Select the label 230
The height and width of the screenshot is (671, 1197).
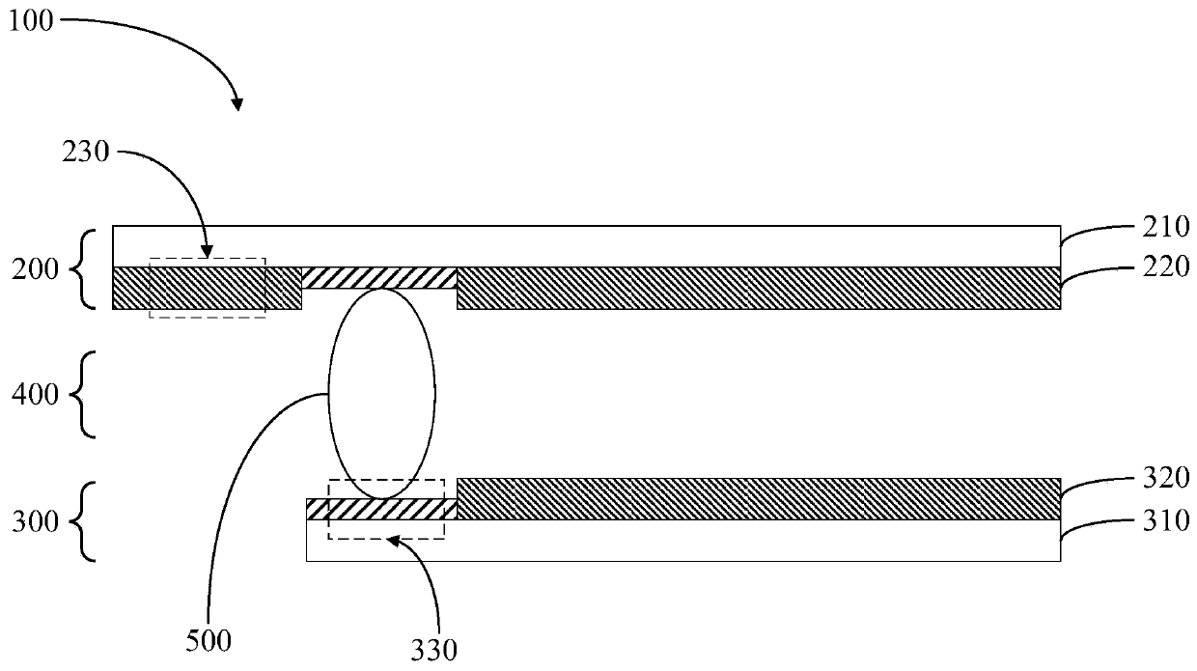[88, 153]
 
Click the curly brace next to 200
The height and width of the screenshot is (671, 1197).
[90, 268]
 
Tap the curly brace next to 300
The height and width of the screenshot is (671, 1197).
[90, 522]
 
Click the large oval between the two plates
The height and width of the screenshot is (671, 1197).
[382, 393]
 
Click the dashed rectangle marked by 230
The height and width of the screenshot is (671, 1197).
[208, 288]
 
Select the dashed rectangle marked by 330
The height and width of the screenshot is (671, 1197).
[386, 509]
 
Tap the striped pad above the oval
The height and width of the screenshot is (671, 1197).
[379, 278]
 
